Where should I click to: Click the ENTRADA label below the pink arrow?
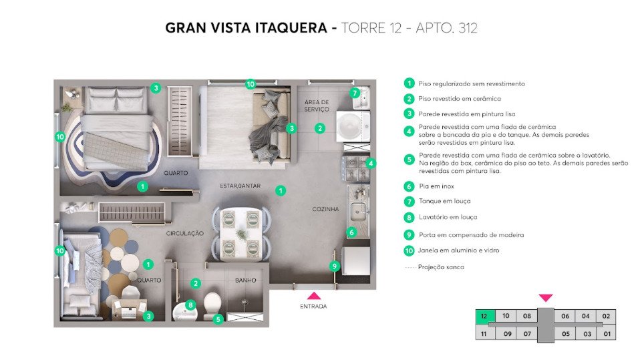313,306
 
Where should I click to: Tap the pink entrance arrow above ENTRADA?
314,296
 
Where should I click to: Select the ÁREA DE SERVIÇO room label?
317,106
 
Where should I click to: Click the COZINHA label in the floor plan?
326,209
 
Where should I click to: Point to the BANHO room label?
246,280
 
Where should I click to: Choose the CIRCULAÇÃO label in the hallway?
185,233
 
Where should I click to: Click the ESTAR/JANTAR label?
240,186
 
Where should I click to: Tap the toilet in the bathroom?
212,306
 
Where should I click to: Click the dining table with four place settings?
241,234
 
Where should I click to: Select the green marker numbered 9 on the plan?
335,266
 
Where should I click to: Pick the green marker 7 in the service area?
355,94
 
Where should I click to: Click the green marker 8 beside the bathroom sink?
190,305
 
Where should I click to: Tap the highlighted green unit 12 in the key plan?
485,316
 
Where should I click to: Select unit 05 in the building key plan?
566,334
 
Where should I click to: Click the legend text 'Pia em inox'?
437,186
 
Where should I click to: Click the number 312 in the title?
468,28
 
